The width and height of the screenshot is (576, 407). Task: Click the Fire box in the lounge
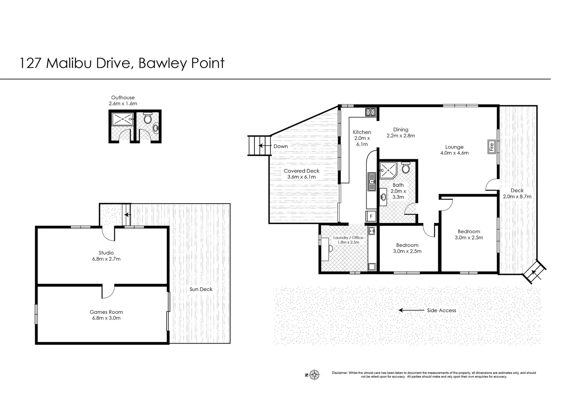coord(491,147)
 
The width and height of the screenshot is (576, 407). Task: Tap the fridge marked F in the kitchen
coord(371,216)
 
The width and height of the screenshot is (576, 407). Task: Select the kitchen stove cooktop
coord(371,112)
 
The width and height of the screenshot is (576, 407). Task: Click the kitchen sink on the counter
coord(372,182)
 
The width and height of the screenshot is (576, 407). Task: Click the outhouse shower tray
coord(122,119)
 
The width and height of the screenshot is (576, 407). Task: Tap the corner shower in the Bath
coord(388,170)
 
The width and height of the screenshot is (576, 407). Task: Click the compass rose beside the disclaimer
coord(314,375)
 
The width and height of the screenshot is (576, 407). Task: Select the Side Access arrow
coord(411,310)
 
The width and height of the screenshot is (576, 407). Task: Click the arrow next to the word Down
coord(265,146)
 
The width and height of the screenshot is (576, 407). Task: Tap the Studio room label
coord(106,253)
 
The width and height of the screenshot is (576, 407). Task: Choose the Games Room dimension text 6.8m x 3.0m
coord(106,318)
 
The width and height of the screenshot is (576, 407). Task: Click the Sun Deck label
coord(201,289)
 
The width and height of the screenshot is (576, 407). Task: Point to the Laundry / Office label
coord(348,238)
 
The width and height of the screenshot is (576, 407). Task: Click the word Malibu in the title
coord(68,63)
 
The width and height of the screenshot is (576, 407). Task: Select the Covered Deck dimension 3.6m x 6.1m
coord(301,177)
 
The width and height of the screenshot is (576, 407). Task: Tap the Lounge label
coord(454,147)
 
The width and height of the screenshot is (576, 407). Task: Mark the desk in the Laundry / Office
coord(325,249)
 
